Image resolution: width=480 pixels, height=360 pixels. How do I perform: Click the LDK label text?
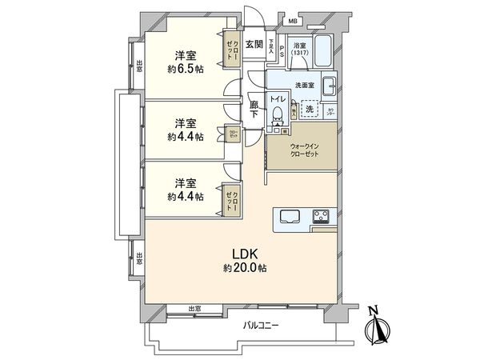[x=244, y=254]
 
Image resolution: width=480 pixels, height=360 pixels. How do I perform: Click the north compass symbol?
[x=375, y=328]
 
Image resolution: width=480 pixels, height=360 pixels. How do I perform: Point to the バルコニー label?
[x=263, y=326]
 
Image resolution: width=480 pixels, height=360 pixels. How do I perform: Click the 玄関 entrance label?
[x=254, y=45]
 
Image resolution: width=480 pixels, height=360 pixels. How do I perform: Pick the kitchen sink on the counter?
[x=290, y=216]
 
